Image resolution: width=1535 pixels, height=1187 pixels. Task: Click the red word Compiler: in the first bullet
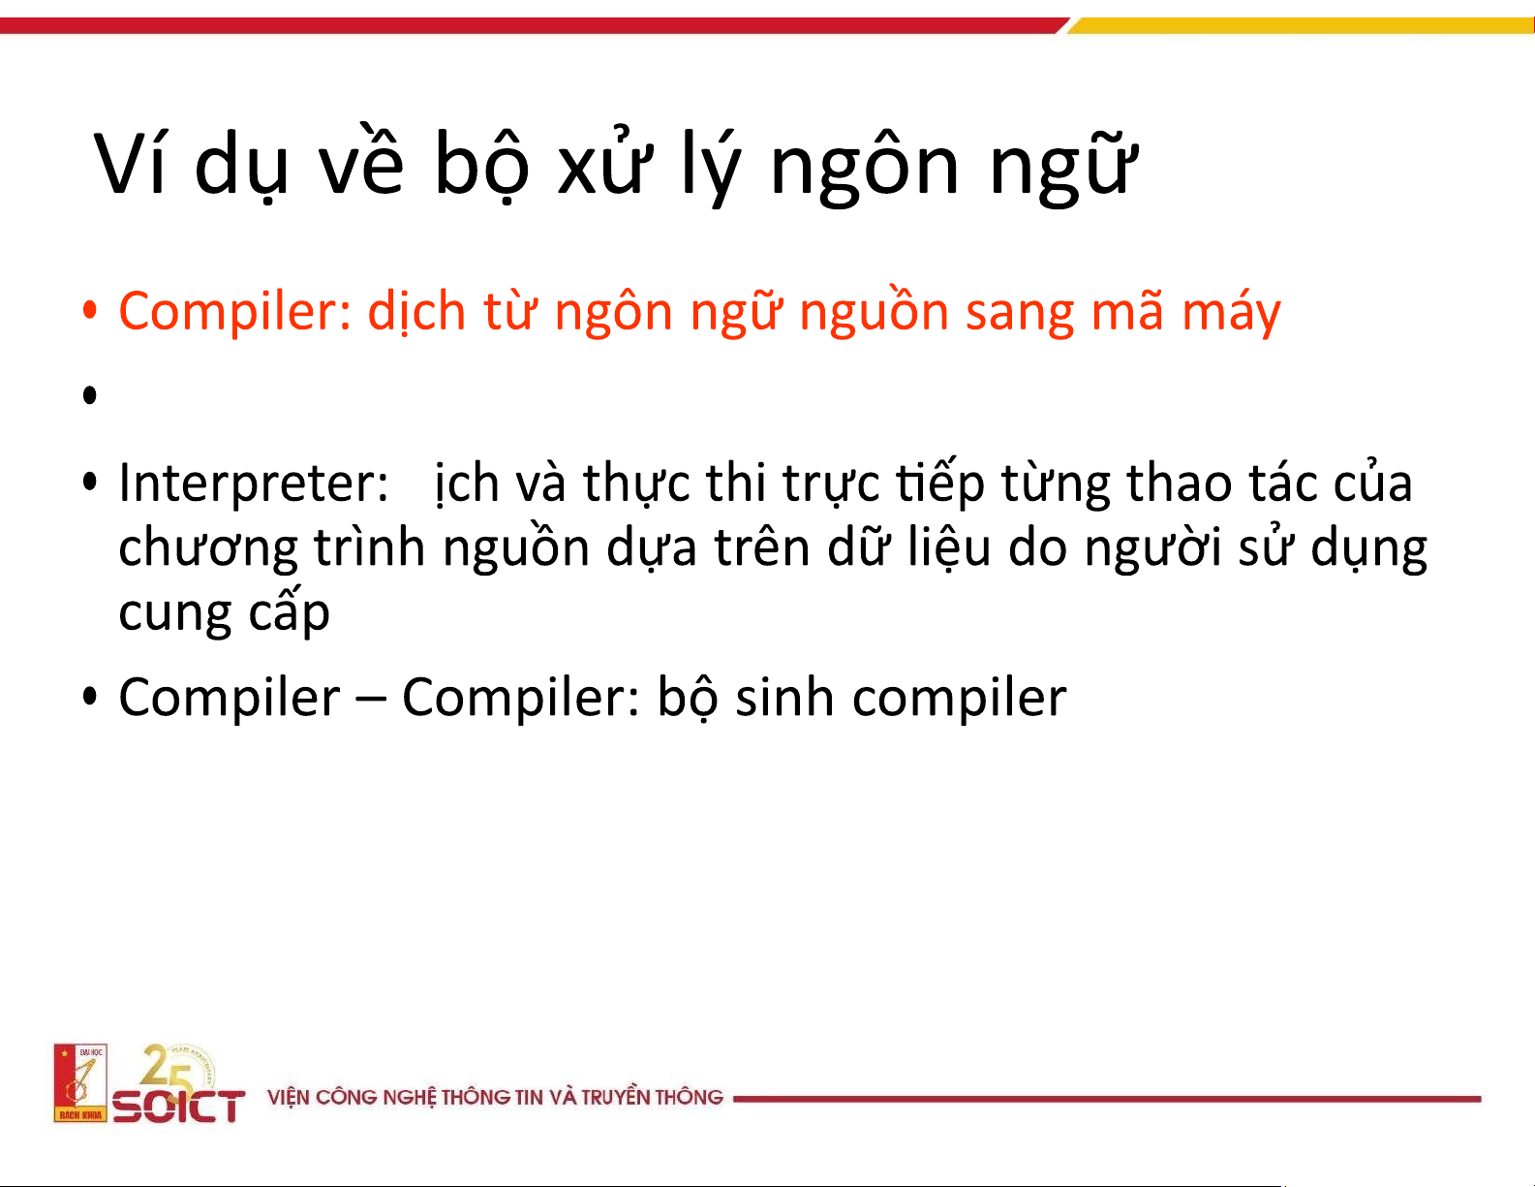pyautogui.click(x=234, y=311)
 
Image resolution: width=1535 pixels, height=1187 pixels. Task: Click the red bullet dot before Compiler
pyautogui.click(x=89, y=310)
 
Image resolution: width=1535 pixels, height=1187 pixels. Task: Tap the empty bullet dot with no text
pyautogui.click(x=89, y=394)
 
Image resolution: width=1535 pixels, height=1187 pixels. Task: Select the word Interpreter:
pyautogui.click(x=254, y=484)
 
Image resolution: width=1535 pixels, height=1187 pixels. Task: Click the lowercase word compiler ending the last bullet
pyautogui.click(x=960, y=699)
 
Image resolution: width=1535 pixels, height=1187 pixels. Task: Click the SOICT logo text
pyautogui.click(x=179, y=1105)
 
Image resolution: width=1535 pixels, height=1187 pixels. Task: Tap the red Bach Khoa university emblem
pyautogui.click(x=79, y=1081)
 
